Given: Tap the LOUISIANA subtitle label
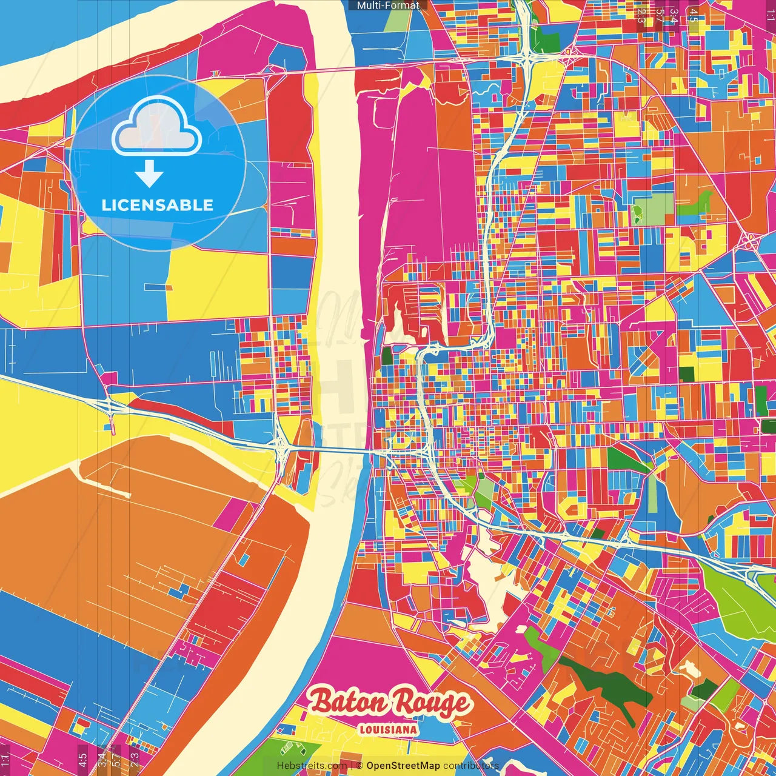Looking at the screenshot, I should (x=388, y=729).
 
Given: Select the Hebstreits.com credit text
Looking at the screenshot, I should (x=312, y=766).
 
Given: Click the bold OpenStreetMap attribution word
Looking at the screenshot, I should (x=403, y=766).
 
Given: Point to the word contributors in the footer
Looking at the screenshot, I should (x=470, y=766).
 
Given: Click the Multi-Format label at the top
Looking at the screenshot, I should (x=388, y=5).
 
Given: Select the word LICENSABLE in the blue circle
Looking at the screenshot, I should (x=158, y=205).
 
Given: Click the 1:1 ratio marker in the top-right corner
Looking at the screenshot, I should (x=770, y=13).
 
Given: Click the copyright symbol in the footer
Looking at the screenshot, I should (x=360, y=766).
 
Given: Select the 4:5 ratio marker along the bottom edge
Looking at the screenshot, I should (x=82, y=760).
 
